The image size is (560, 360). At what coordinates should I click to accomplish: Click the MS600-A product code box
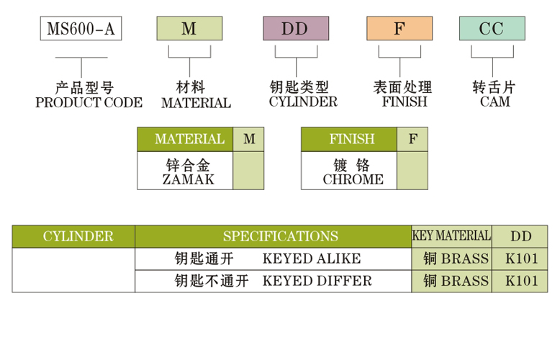tap(80, 29)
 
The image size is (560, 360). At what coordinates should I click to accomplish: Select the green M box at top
tap(189, 29)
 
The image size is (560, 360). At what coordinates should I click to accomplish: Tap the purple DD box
tap(295, 29)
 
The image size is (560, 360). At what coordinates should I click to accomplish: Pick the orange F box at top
tap(399, 29)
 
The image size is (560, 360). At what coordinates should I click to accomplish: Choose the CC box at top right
tap(492, 29)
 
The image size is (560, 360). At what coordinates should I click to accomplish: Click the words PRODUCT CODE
tap(89, 102)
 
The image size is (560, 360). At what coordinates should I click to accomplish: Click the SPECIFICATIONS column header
tap(281, 236)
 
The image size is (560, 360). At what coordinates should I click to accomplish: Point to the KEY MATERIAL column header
tap(451, 235)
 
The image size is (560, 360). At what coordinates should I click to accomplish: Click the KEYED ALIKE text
tap(312, 259)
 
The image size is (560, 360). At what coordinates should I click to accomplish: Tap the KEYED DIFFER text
tap(317, 281)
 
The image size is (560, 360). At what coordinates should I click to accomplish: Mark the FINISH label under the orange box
tap(405, 102)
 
